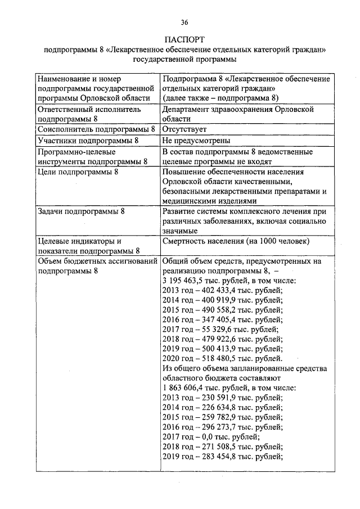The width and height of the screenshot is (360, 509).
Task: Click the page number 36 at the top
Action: [184, 22]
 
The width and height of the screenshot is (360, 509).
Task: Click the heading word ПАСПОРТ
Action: [184, 40]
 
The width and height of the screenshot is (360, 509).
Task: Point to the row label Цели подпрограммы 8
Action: [78, 172]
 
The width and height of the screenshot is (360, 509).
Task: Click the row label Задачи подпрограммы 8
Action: [81, 211]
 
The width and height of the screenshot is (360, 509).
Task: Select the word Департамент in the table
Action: [188, 110]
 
